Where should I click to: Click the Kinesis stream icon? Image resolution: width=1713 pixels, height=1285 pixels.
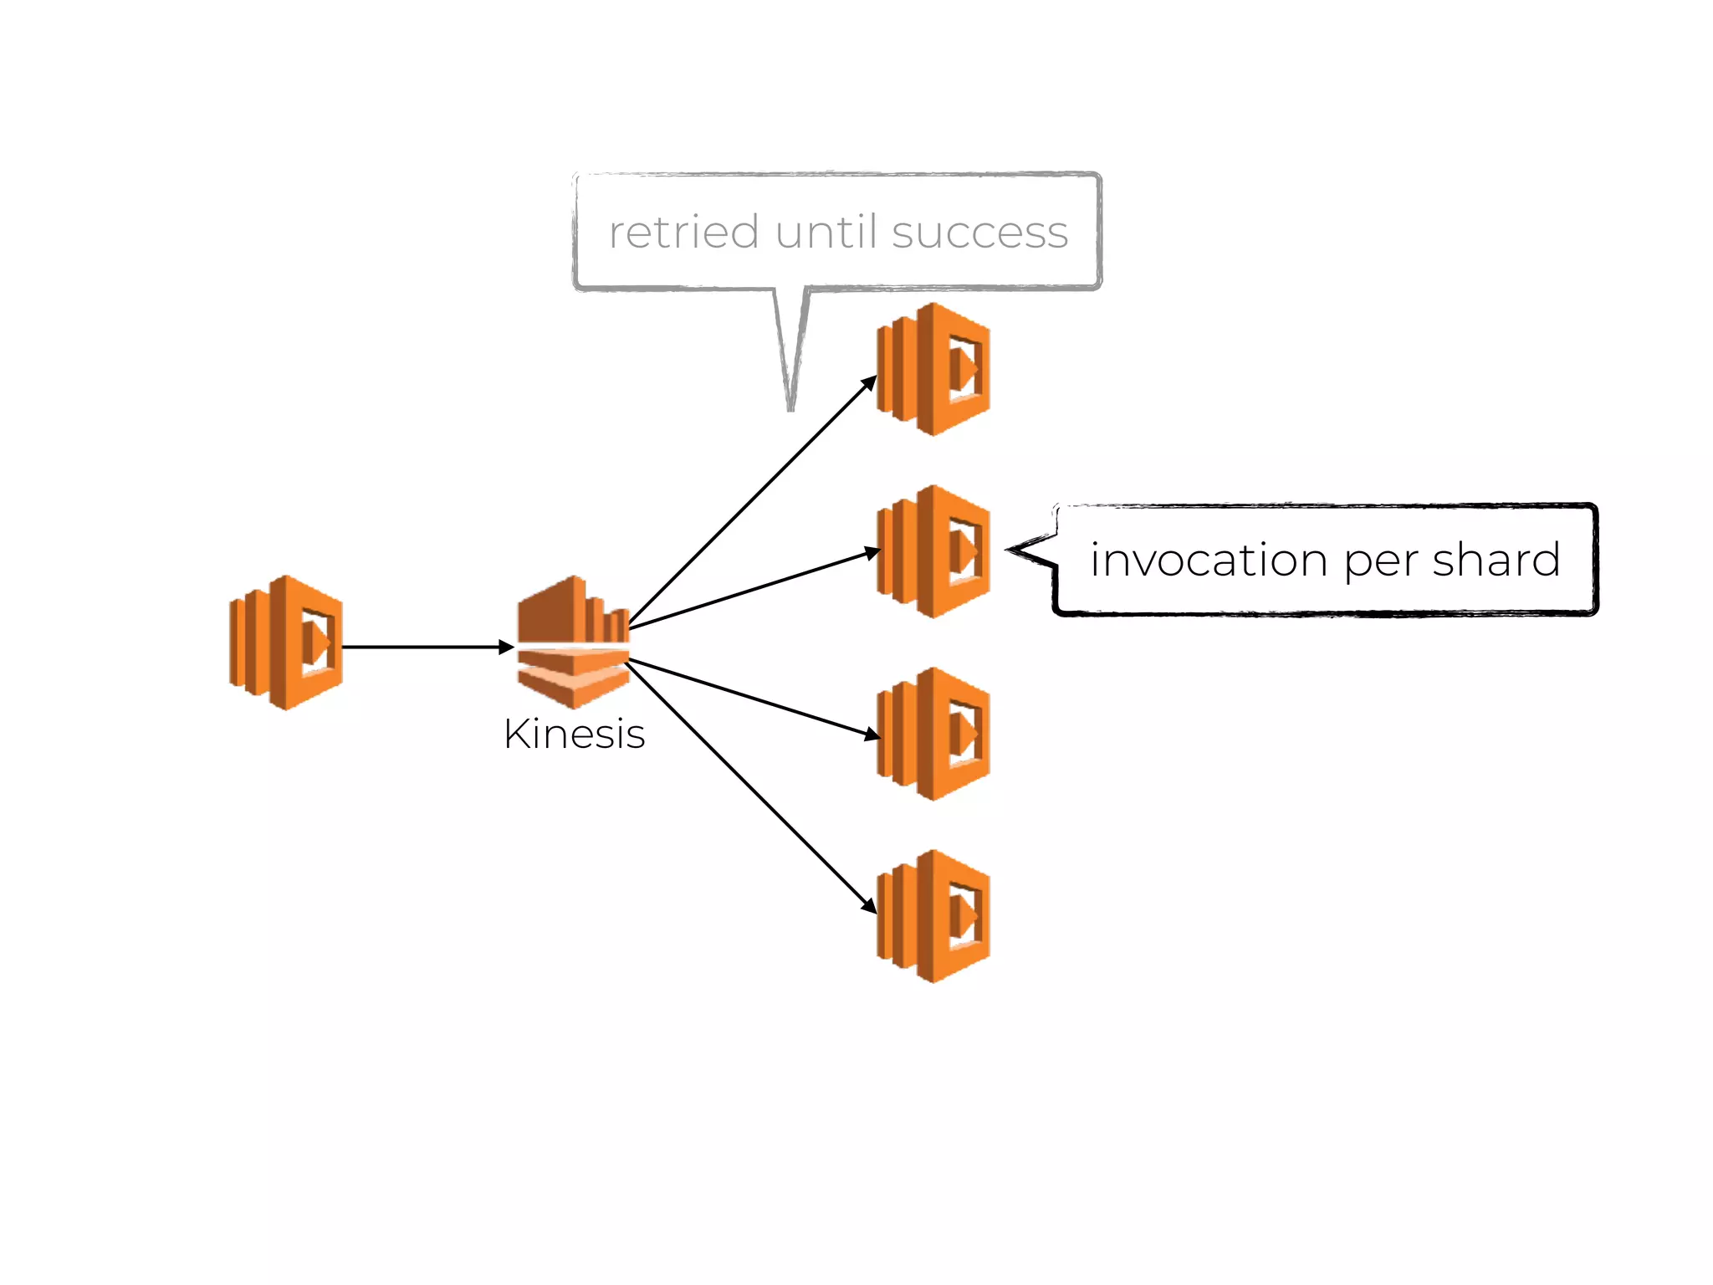[574, 642]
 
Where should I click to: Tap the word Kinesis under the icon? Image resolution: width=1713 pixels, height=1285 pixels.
[574, 735]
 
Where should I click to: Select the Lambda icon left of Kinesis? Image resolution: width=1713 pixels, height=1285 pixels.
[286, 642]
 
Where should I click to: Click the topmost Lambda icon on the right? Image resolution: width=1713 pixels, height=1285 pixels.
[933, 369]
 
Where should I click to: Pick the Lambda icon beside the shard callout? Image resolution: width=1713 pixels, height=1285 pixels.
[933, 551]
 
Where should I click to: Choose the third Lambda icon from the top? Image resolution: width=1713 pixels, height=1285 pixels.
[933, 734]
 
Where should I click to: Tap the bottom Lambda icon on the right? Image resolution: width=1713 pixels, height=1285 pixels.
[933, 916]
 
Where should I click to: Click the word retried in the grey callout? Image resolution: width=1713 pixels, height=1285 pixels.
[683, 232]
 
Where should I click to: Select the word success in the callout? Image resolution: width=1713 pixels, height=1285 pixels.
[979, 232]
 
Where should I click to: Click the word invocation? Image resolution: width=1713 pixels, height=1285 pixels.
[1208, 560]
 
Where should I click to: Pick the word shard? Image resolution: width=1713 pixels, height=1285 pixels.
[1496, 560]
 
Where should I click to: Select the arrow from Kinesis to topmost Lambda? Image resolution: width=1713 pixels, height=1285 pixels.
[753, 502]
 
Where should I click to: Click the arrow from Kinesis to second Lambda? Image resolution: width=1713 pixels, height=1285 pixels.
[753, 589]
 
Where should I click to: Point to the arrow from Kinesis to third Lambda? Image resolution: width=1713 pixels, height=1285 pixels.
[753, 698]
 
